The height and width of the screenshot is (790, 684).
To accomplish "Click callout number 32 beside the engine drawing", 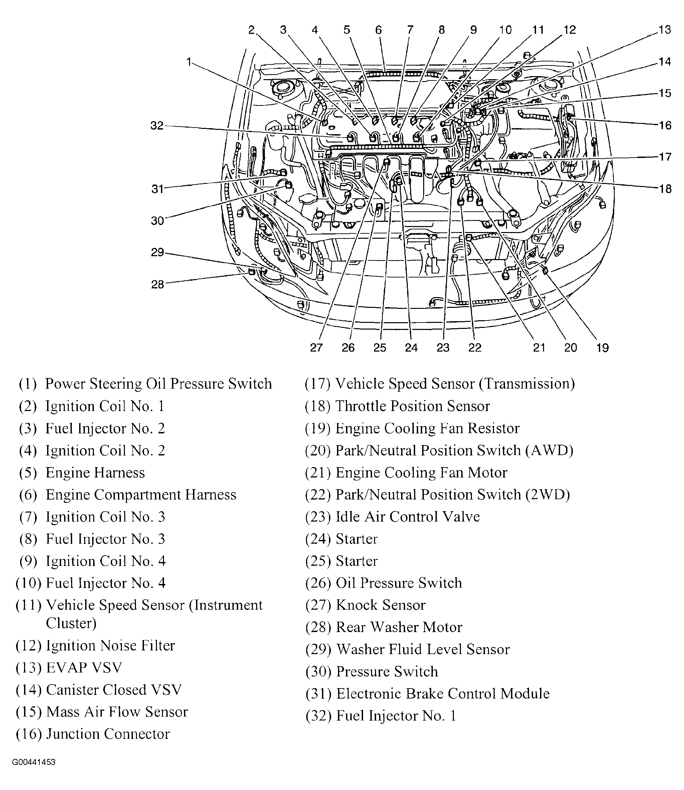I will [157, 126].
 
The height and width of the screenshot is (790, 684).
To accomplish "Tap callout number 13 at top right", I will [665, 30].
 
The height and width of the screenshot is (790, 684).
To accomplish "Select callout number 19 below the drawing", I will [602, 348].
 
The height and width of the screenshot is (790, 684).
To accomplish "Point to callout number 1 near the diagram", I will [189, 61].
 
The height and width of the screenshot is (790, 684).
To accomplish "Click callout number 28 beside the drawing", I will [157, 284].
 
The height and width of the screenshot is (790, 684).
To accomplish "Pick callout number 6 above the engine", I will [378, 30].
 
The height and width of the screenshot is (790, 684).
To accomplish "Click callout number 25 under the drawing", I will [380, 348].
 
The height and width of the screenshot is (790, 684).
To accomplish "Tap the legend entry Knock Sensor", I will [380, 605].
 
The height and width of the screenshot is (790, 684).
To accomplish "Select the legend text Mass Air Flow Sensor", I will [117, 712].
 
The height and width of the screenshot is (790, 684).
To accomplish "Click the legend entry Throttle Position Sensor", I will [412, 406].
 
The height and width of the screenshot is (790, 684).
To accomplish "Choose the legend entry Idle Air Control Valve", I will [407, 517].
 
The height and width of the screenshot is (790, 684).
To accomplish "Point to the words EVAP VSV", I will [84, 667].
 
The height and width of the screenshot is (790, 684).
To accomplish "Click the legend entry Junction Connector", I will [108, 734].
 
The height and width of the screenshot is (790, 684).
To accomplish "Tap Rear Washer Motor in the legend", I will [399, 627].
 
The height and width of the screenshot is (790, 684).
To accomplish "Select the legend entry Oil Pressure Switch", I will [398, 583].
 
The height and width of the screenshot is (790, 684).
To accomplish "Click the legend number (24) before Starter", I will [318, 539].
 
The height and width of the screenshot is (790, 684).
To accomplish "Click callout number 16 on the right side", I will [665, 125].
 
